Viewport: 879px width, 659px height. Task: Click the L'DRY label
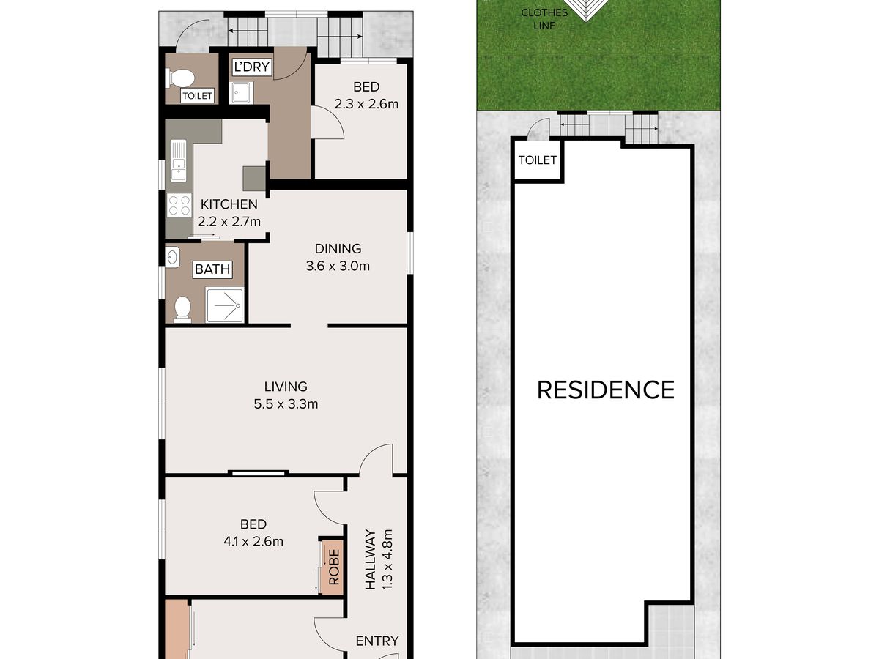click(251, 67)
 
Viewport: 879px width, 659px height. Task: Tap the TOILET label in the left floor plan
click(197, 96)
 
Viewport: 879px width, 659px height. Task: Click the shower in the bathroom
click(224, 305)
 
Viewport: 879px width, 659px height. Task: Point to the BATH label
click(212, 269)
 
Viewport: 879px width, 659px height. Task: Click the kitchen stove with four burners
click(179, 205)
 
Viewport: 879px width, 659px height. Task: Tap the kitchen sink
click(178, 160)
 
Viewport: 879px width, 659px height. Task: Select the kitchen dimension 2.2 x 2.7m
click(229, 221)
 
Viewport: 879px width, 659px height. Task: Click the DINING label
click(338, 248)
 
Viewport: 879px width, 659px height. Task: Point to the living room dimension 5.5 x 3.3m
click(286, 403)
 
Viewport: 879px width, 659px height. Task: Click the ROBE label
click(333, 567)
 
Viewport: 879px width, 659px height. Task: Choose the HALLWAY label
click(371, 559)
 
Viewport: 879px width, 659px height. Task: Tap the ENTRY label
click(377, 641)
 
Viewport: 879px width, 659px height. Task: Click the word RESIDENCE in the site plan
click(606, 390)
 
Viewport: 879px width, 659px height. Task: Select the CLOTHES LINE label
click(544, 19)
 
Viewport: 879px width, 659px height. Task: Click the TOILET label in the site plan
click(538, 160)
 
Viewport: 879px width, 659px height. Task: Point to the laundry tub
click(241, 92)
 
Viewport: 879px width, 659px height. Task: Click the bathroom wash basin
click(173, 256)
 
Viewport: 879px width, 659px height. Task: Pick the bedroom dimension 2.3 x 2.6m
click(366, 104)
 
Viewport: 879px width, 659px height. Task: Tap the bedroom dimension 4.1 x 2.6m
click(253, 541)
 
